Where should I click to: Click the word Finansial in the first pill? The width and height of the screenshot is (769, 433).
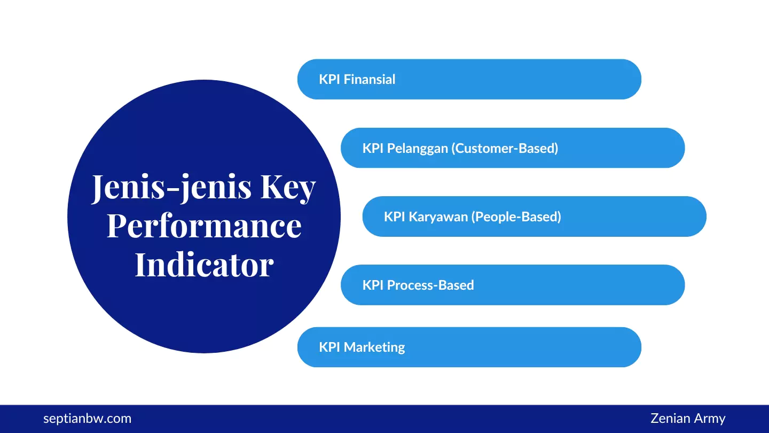[370, 80]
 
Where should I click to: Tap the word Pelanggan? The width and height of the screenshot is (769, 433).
[417, 148]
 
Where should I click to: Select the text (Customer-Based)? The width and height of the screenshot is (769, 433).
[505, 148]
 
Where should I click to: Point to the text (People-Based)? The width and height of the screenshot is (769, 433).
[517, 216]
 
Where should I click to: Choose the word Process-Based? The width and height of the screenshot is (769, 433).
[430, 285]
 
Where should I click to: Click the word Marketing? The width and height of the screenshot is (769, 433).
[374, 347]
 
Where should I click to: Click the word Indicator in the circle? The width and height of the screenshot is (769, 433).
[204, 264]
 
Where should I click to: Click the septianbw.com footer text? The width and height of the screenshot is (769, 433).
[87, 419]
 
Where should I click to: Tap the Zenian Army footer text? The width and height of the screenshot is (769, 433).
[688, 419]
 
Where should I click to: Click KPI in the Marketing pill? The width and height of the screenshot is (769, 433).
[329, 347]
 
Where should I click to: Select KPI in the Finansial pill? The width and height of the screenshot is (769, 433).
[329, 80]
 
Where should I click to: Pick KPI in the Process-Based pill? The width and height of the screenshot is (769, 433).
[373, 285]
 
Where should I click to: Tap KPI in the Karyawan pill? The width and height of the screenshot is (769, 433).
[394, 216]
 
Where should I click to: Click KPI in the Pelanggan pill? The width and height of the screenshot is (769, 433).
[373, 148]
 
